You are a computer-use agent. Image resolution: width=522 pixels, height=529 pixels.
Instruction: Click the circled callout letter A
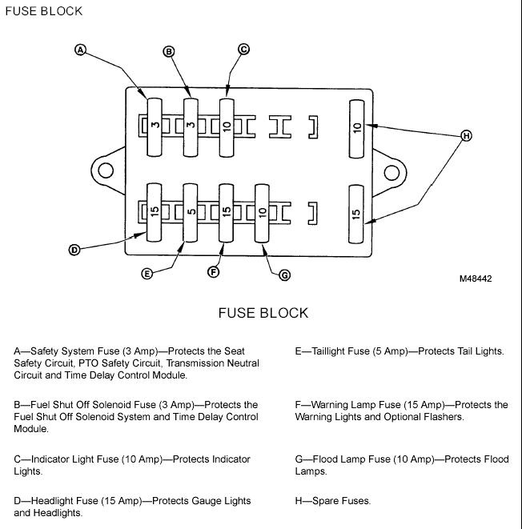coord(80,50)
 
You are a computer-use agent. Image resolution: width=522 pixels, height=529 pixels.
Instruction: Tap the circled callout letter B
coord(169,51)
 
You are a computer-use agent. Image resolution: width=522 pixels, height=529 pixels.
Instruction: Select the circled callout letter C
coord(243,50)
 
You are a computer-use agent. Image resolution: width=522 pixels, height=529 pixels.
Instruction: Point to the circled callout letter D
coord(74,250)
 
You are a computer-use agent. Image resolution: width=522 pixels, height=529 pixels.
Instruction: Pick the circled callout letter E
coord(147,273)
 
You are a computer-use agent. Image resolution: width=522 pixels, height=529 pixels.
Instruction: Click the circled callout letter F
coord(213,271)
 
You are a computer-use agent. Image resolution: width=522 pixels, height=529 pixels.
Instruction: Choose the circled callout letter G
coord(285,275)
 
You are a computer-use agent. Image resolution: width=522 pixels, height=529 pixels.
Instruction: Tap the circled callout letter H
coord(466,136)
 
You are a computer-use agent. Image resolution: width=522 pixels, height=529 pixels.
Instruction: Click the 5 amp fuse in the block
coord(191,213)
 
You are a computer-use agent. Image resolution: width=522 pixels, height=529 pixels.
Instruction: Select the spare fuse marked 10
coord(356,129)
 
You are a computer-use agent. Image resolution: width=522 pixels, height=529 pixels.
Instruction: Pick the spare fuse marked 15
coord(356,214)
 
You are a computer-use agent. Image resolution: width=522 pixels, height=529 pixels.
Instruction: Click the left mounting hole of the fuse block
coord(106,170)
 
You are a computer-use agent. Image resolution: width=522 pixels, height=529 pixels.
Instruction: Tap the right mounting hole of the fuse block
coord(391,173)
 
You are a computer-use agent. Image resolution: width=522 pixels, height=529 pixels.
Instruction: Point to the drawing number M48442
coord(476,279)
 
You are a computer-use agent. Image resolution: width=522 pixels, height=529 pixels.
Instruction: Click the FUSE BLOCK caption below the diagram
coord(263,313)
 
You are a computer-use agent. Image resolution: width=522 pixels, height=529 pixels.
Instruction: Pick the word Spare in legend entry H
coord(324,501)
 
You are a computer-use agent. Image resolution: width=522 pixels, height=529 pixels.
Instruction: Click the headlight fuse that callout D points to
coord(155,213)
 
